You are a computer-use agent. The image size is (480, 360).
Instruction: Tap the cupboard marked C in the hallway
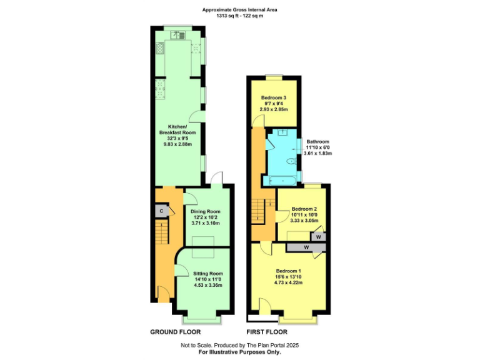(162, 211)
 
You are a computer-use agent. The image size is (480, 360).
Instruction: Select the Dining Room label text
(206, 211)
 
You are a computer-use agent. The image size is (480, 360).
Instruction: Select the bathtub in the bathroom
(283, 180)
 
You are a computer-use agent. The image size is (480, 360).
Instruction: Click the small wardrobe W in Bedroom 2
(319, 237)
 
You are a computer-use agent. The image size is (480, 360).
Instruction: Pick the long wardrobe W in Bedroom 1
(306, 248)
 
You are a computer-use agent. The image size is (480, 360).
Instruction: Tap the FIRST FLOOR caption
(267, 332)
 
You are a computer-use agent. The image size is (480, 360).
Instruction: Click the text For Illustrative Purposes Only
(239, 352)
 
